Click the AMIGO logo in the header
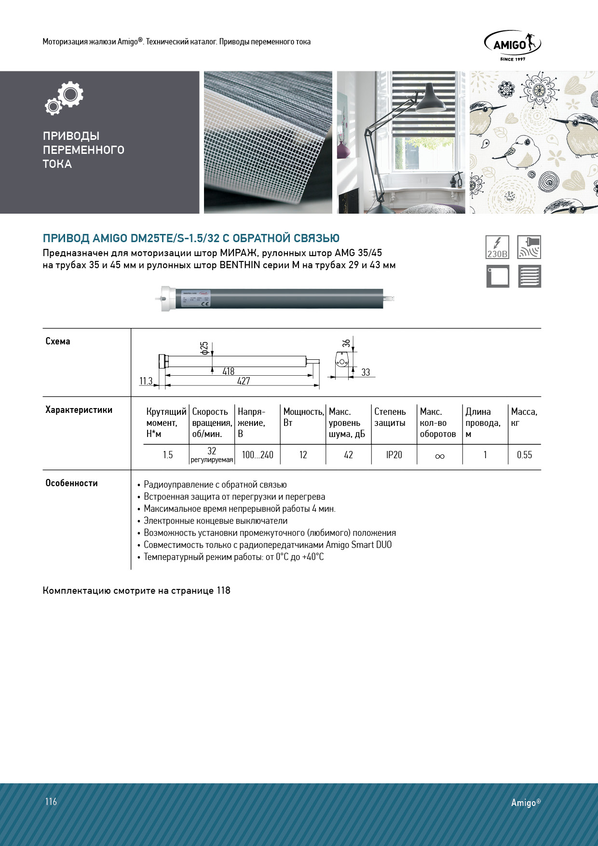point(512,45)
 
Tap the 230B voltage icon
point(497,247)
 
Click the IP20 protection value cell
point(394,455)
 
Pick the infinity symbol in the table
point(439,456)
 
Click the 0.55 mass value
point(524,455)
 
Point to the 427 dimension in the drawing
point(244,381)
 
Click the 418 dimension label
point(228,371)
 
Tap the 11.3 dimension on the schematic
point(146,381)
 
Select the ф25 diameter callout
point(204,348)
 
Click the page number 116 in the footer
point(51,802)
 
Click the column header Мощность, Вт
point(303,417)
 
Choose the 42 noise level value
point(348,455)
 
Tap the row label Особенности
point(71,483)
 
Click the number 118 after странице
point(223,590)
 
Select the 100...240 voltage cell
point(258,455)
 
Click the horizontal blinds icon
point(529,276)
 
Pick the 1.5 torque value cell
point(167,455)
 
